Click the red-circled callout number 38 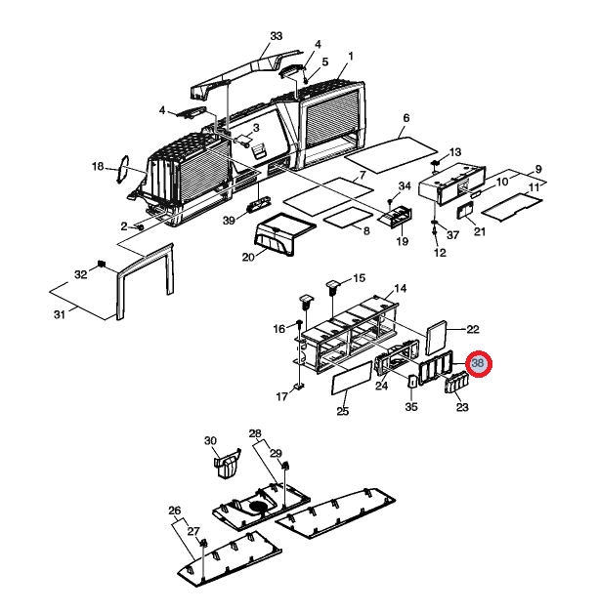coord(479,364)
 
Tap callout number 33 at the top coord(276,36)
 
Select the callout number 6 coord(406,118)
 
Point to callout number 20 coord(248,257)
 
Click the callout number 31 coord(60,313)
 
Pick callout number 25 coord(343,412)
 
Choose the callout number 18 coord(98,167)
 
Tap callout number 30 coord(209,441)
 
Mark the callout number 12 coord(440,254)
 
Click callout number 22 coord(472,330)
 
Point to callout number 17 coord(282,396)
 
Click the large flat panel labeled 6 coord(389,146)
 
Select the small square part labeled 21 coord(466,212)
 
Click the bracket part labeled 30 coord(228,461)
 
